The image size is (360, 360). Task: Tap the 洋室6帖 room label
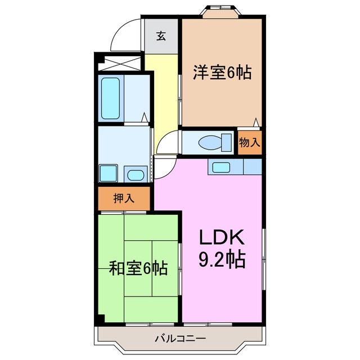(x=222, y=73)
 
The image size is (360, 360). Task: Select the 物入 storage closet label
(x=250, y=142)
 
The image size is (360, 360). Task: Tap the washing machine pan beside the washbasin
(x=109, y=173)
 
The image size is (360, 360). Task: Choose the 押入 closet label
(x=124, y=198)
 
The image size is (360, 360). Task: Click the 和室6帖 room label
(x=138, y=268)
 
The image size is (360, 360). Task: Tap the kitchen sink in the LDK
(x=220, y=167)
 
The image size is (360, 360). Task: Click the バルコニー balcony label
(x=180, y=339)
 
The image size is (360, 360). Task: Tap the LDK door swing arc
(x=164, y=167)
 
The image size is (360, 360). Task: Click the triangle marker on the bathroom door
(x=145, y=118)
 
